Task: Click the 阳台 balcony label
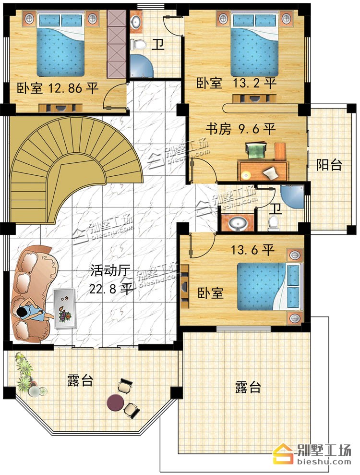[x=329, y=165]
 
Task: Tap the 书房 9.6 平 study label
[x=240, y=129]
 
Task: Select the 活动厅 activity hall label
[x=110, y=270]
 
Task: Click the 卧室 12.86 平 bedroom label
[x=58, y=88]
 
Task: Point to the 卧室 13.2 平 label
[x=236, y=83]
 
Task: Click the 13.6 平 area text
[x=253, y=250]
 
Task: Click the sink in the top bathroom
[x=136, y=22]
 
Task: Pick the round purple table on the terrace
[x=115, y=402]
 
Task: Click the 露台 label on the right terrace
[x=248, y=387]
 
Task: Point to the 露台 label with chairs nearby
[x=80, y=380]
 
